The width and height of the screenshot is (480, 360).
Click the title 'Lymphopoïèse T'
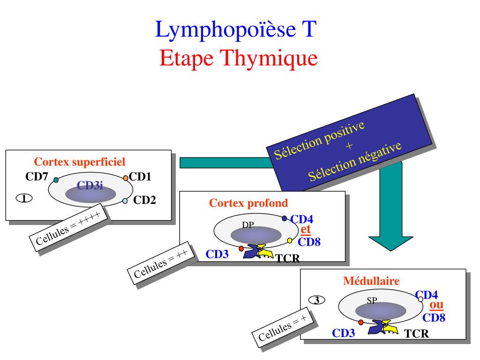236,30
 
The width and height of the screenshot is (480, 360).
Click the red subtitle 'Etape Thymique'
239,58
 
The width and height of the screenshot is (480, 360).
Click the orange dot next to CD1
126,178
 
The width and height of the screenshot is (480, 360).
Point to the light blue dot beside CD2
125,201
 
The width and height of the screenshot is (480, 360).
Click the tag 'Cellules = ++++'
68,228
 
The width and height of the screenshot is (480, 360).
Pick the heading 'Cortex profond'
249,203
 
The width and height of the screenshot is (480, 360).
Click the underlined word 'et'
306,230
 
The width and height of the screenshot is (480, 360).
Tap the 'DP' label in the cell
248,225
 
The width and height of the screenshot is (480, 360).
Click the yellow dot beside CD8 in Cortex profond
290,240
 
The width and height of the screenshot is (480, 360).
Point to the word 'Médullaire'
371,281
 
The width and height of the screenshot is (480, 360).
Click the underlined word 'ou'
436,304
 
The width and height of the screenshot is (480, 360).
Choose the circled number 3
316,300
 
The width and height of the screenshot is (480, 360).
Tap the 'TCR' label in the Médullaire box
417,334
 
